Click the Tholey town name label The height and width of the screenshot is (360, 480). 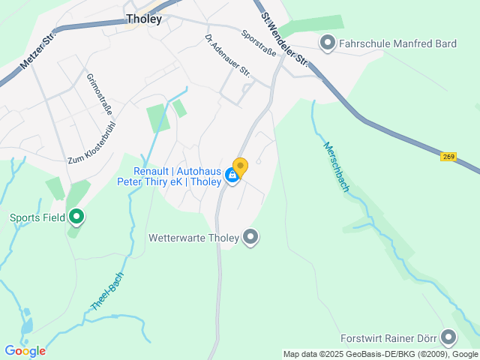(144, 19)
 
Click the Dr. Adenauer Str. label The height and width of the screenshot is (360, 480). (227, 55)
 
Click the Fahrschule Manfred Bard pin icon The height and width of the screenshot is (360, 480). (327, 43)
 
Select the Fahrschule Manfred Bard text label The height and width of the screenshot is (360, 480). (397, 43)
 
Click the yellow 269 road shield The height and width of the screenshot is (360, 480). (448, 156)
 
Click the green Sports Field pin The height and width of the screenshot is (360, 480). (76, 217)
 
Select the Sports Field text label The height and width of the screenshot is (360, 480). (37, 218)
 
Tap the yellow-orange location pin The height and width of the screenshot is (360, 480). (240, 166)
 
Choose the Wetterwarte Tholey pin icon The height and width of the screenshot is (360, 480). (250, 238)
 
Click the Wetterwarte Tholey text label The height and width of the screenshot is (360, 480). (194, 238)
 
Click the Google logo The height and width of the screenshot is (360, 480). (25, 351)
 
